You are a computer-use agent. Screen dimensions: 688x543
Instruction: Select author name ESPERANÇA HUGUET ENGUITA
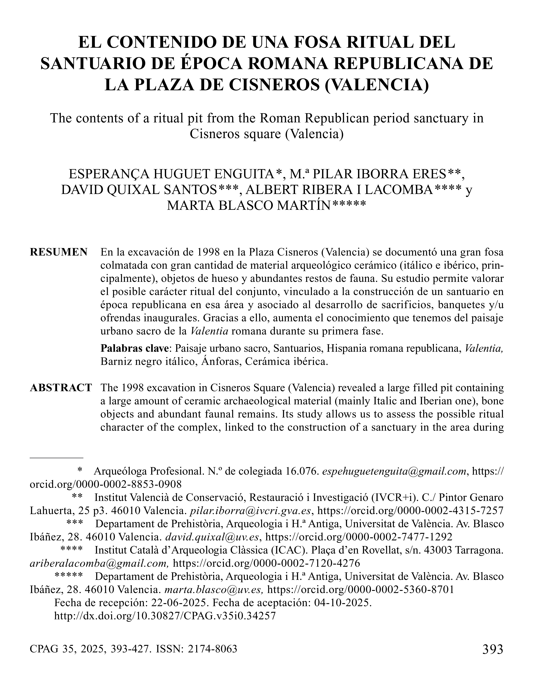[x=172, y=174]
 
